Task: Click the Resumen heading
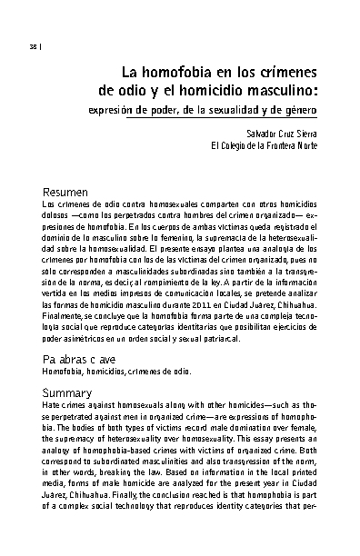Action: click(65, 193)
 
